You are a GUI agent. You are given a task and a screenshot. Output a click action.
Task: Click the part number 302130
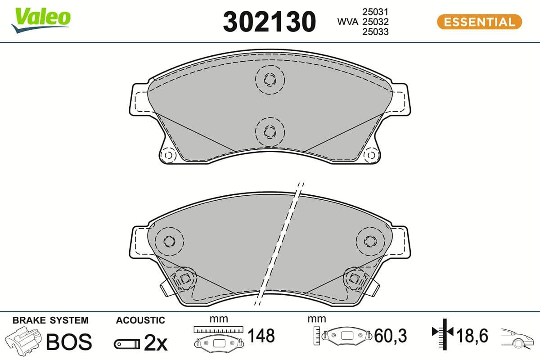point(269,22)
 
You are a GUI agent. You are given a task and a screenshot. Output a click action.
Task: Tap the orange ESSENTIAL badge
point(479,22)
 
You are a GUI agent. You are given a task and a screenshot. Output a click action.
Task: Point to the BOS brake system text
point(69,342)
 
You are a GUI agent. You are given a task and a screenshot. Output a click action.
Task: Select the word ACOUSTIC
point(140,320)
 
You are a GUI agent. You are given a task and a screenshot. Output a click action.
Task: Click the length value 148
point(261,336)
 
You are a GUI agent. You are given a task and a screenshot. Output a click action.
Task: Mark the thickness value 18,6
point(472,335)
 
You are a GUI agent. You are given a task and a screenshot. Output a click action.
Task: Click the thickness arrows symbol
point(443,333)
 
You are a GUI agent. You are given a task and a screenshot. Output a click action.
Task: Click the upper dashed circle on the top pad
point(270,80)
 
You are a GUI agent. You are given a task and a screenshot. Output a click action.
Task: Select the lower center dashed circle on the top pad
point(270,131)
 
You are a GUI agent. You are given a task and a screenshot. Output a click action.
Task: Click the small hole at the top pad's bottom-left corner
point(169,155)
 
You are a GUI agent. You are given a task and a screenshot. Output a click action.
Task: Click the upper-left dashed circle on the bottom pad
point(169,241)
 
